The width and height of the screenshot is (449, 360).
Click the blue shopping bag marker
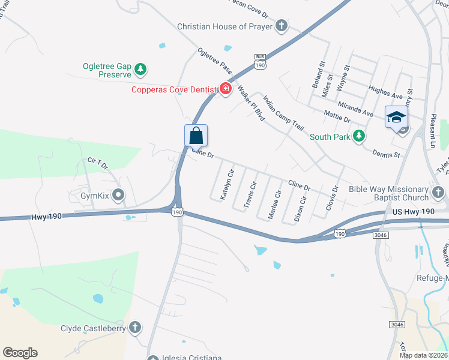click(196, 136)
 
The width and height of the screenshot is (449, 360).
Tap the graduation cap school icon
click(396, 116)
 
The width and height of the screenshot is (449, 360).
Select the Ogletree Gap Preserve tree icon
click(140, 70)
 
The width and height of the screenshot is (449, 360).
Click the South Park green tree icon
click(359, 137)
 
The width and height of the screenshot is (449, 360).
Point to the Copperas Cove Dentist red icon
click(226, 89)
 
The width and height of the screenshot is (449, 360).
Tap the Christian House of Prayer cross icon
click(282, 26)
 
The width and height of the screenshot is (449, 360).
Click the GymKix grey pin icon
click(118, 195)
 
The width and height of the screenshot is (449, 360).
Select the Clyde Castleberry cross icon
click(136, 328)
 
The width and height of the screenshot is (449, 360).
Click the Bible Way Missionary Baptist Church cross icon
click(439, 193)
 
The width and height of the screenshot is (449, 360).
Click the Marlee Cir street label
click(273, 204)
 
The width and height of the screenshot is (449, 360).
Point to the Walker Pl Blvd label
click(251, 103)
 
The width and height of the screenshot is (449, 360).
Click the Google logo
click(20, 353)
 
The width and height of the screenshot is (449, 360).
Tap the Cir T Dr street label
click(97, 162)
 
